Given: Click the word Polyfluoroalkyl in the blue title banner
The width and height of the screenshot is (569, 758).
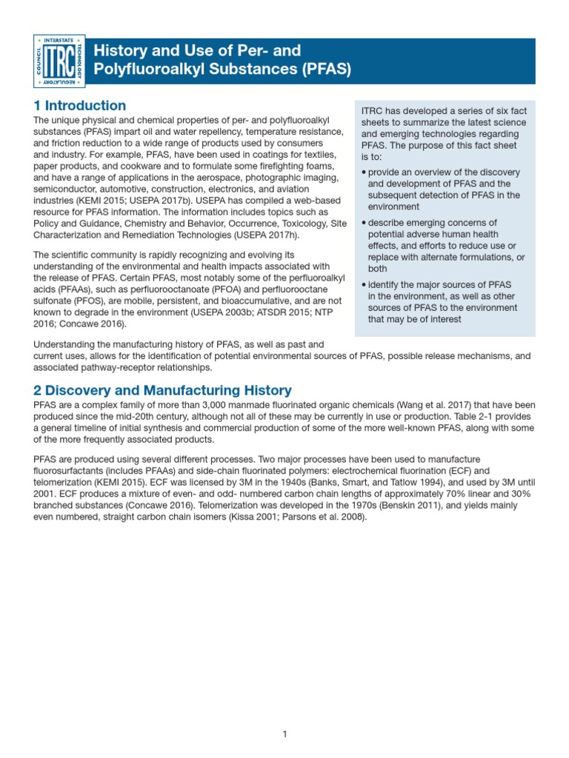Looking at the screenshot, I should pyautogui.click(x=142, y=70).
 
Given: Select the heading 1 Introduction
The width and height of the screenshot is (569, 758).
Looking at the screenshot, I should pyautogui.click(x=80, y=106).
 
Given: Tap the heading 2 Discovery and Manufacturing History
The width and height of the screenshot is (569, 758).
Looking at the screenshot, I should pyautogui.click(x=163, y=390).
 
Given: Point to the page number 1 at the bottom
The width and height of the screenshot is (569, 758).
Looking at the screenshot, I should pyautogui.click(x=284, y=734).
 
